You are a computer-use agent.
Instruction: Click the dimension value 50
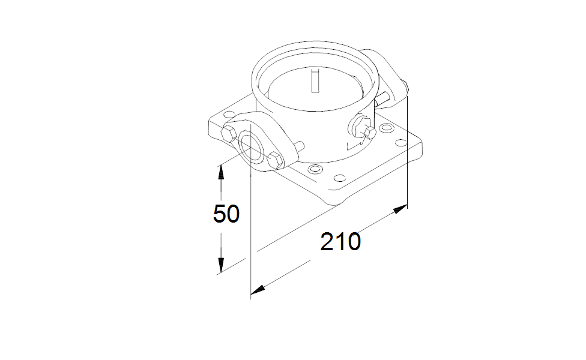[226, 214]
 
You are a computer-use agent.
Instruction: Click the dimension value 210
[340, 242]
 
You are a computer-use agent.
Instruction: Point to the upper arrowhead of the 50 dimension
[221, 173]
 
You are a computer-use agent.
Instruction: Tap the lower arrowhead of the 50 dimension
[221, 265]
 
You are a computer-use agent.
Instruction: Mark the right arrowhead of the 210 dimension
[400, 209]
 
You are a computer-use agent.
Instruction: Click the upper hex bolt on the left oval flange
[228, 133]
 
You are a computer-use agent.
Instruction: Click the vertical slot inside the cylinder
[315, 80]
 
